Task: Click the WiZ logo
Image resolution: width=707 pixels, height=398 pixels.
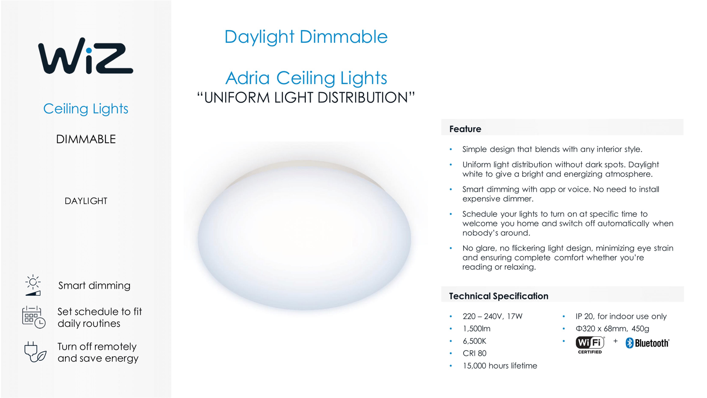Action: tap(86, 56)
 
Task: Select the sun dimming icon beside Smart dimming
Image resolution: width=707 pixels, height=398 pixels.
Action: tap(33, 285)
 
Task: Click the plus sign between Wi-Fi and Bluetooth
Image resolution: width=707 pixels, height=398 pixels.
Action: tap(616, 341)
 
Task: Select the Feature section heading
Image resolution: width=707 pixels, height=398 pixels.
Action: tap(465, 129)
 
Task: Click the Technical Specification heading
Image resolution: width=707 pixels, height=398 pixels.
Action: tap(499, 296)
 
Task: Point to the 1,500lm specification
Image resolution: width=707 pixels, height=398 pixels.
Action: tap(477, 328)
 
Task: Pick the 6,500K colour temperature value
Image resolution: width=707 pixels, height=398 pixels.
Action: tap(474, 341)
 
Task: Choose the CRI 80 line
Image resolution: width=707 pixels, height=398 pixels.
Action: tap(475, 353)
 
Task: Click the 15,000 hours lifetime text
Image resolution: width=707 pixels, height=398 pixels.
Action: tap(500, 366)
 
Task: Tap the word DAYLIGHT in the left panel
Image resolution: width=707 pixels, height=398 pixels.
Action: tap(86, 201)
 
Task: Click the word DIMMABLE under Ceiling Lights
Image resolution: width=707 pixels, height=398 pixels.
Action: tap(86, 139)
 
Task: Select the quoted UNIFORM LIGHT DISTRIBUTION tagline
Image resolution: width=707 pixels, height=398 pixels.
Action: tap(306, 97)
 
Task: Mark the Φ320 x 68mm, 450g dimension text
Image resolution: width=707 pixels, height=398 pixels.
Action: tap(612, 328)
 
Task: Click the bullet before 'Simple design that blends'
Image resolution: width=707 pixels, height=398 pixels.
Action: tap(451, 149)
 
